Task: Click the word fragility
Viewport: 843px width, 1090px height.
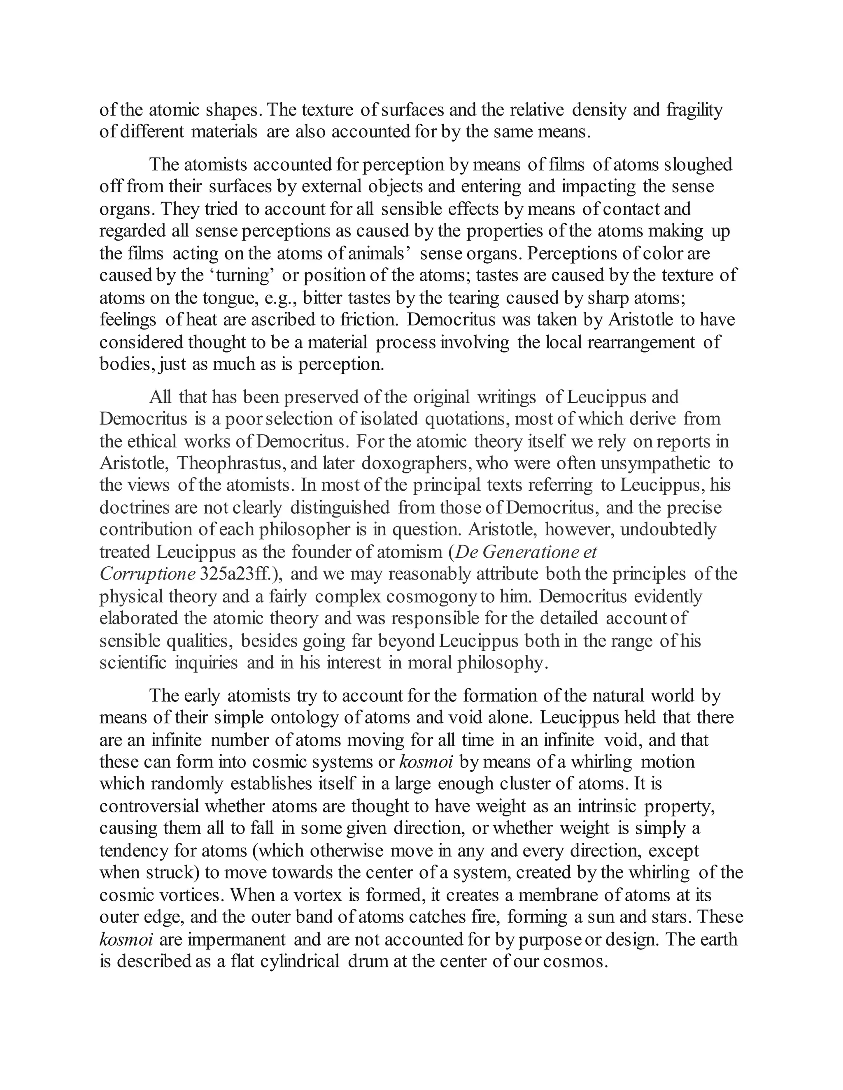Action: [694, 110]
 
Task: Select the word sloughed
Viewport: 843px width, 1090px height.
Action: [698, 164]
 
